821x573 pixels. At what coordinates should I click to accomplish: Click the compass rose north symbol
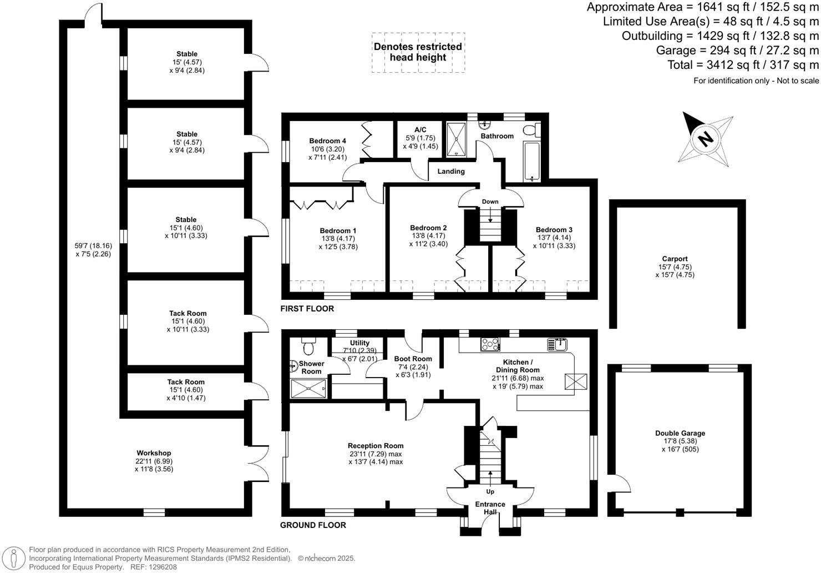[706, 138]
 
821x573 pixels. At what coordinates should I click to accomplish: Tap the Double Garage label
[680, 434]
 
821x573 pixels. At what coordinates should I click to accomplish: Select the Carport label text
[675, 259]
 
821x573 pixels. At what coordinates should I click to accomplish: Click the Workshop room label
[154, 453]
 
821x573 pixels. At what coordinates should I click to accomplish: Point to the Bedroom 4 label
[327, 141]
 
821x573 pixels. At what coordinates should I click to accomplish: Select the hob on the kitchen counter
[490, 345]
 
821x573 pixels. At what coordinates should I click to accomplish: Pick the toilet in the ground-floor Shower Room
[308, 346]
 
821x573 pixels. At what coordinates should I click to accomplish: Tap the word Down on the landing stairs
[490, 202]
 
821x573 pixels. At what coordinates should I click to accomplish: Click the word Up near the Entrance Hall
[490, 492]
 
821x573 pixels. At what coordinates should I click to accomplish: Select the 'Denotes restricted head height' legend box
[418, 52]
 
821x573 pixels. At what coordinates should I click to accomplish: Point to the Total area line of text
[743, 65]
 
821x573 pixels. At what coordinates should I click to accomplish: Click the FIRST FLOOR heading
[307, 309]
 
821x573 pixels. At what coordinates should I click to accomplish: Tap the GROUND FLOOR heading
[313, 525]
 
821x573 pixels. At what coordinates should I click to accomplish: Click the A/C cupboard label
[420, 130]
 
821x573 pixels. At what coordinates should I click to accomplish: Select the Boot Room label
[413, 359]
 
